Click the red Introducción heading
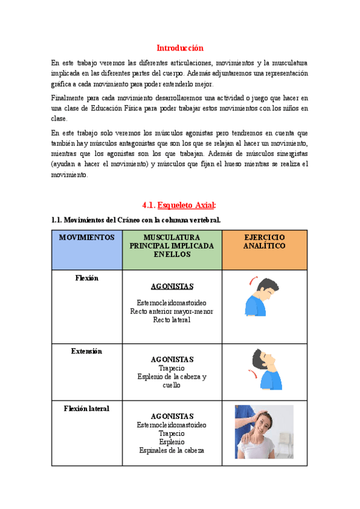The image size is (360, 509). (180, 47)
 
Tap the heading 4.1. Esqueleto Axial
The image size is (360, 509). (180, 204)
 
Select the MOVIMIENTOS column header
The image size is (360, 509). (87, 238)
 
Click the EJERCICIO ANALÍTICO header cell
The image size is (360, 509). (264, 242)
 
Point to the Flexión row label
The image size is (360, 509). (87, 279)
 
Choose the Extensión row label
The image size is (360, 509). (87, 351)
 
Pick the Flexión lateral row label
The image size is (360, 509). (87, 409)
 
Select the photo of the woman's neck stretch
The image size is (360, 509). (264, 432)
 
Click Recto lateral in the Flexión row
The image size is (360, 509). (172, 320)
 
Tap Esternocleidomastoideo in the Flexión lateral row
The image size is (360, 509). (172, 424)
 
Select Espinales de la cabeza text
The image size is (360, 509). (172, 450)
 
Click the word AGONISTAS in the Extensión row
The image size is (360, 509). (172, 360)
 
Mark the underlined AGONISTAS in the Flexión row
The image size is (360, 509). (172, 287)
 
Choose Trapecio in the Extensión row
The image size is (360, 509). (172, 368)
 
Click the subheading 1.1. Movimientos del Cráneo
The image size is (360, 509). (136, 220)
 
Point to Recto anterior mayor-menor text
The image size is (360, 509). (172, 312)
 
